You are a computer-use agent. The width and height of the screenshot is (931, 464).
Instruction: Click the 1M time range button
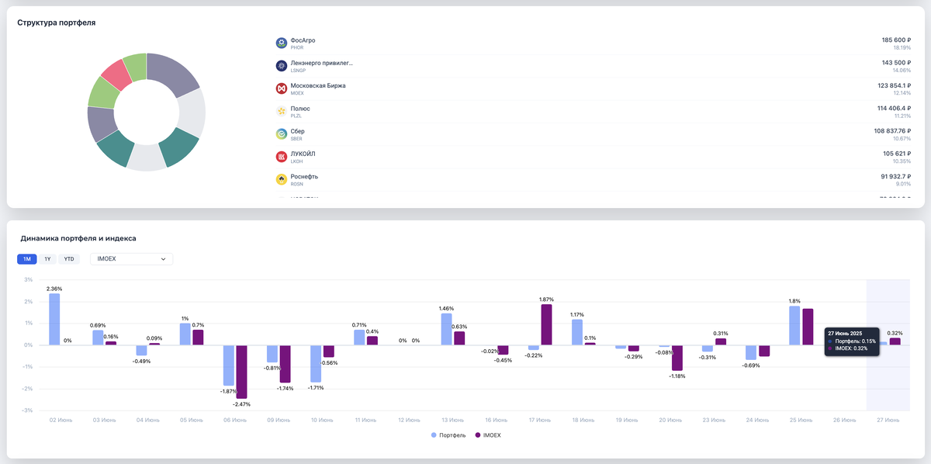point(27,259)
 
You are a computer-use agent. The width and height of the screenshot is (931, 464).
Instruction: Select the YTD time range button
point(69,259)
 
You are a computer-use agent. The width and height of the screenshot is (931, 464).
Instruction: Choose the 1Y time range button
point(48,259)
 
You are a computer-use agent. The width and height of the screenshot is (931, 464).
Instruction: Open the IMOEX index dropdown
point(132,259)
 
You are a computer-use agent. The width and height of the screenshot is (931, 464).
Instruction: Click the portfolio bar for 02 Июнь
point(54,319)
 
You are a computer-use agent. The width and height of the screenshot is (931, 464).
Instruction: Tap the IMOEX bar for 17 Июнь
point(546,324)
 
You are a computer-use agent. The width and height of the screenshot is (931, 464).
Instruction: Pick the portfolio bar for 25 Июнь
point(794,325)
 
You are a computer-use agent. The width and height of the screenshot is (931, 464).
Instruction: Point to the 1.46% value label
point(446,308)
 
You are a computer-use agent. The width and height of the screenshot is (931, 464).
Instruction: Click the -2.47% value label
point(241,404)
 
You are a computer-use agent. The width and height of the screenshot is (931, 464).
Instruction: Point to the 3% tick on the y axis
point(28,280)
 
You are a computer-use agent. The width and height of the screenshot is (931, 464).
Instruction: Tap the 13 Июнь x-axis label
point(452,420)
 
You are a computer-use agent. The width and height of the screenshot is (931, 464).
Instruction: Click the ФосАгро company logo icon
point(282,43)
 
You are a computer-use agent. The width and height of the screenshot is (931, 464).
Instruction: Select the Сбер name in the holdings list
point(297,131)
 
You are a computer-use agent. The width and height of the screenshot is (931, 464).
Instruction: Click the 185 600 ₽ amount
point(896,40)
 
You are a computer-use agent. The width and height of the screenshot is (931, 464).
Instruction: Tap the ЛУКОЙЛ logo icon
point(282,157)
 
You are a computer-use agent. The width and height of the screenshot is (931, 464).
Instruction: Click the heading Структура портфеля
point(57,23)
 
